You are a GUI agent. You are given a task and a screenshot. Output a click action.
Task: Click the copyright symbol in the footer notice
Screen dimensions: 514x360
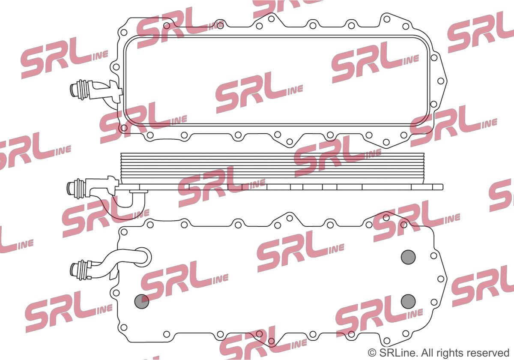coord(371,352)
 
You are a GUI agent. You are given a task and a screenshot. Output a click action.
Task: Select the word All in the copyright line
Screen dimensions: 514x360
coord(422,352)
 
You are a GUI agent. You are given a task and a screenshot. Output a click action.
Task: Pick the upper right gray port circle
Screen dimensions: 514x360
coord(408,257)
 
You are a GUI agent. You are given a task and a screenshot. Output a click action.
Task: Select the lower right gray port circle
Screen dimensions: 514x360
coord(408,301)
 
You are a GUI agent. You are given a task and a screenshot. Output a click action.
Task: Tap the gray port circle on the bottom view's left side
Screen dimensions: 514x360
coord(142,301)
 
